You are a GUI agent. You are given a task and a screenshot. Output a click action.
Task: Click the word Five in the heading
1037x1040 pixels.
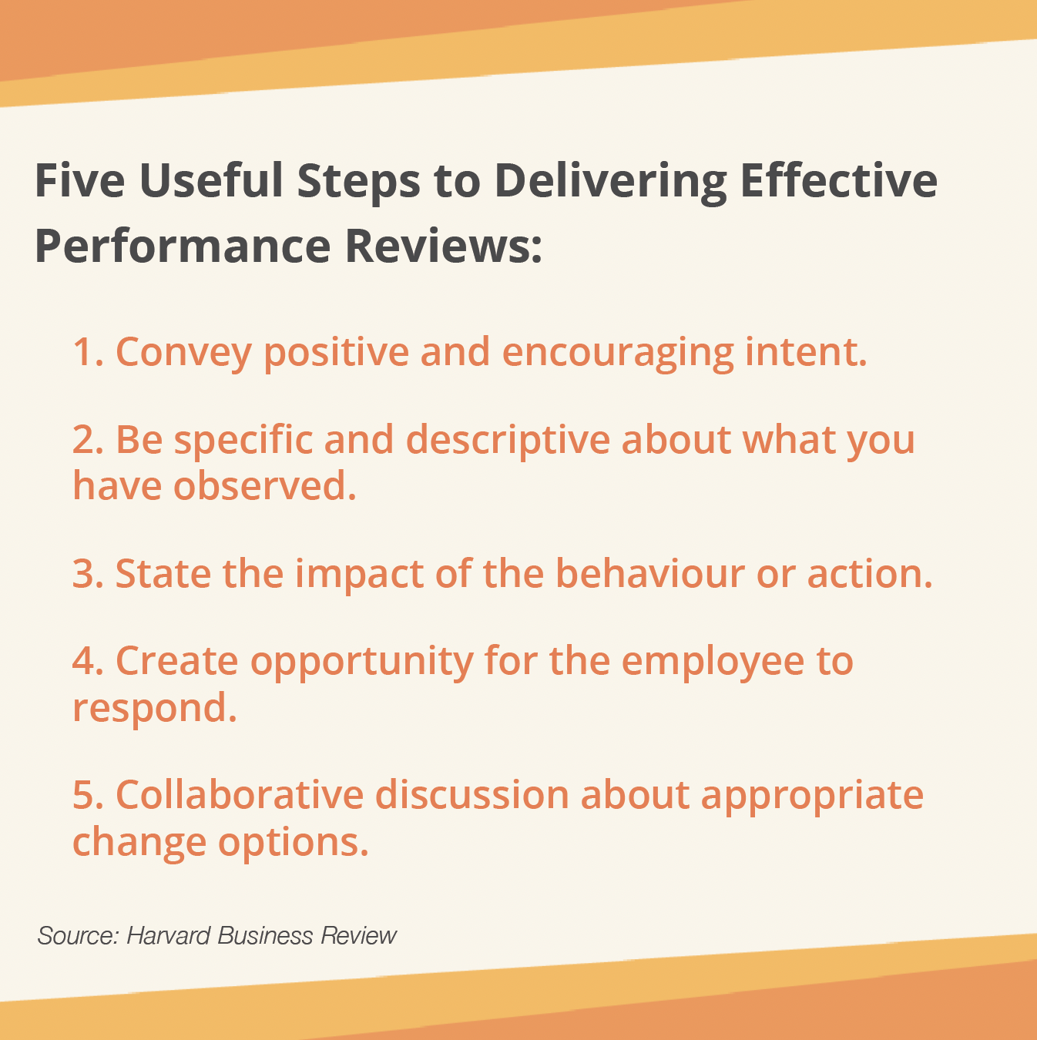click(x=80, y=180)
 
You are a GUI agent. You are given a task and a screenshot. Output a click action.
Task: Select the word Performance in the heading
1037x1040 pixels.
click(x=183, y=246)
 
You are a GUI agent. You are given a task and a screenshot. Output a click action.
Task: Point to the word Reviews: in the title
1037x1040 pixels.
click(x=443, y=246)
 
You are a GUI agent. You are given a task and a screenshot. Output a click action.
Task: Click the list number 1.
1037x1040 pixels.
click(x=88, y=352)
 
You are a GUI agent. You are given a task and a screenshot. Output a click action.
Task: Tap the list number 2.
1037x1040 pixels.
click(x=88, y=439)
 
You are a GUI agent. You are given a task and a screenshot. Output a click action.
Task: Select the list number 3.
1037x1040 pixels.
click(x=88, y=573)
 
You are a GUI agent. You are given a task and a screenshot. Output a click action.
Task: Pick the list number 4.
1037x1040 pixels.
click(x=88, y=660)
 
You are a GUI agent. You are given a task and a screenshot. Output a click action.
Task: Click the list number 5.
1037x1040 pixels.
click(x=88, y=794)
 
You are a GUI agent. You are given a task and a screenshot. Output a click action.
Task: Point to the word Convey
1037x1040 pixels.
click(x=183, y=354)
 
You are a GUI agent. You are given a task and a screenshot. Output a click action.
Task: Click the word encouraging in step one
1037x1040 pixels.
click(x=618, y=354)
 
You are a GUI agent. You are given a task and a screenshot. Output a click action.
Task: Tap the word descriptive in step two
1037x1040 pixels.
click(x=508, y=441)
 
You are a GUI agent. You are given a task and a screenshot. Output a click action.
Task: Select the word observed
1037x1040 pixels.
click(x=264, y=485)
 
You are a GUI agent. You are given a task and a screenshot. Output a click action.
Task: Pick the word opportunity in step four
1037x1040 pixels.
click(x=362, y=663)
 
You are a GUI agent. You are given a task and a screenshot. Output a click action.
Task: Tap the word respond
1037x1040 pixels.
click(x=155, y=708)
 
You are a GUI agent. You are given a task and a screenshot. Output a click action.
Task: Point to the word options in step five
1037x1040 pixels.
click(x=294, y=843)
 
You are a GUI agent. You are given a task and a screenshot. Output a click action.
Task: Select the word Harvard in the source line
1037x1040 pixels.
click(x=168, y=936)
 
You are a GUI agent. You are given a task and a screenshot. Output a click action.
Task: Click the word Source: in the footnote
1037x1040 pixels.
click(x=78, y=936)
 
